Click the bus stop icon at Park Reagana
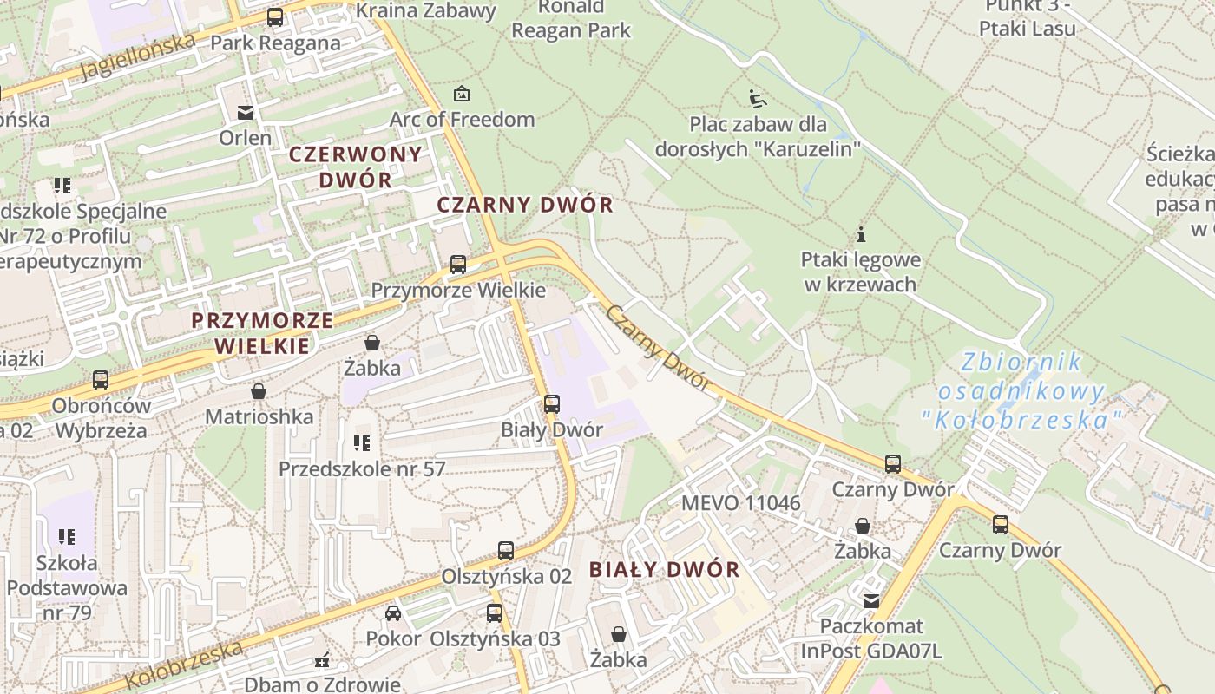pos(275,16)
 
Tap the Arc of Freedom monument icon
pos(462,94)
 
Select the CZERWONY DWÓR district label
pos(356,167)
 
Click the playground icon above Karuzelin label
pos(758,98)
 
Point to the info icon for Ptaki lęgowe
pos(861,234)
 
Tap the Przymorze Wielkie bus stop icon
pos(458,265)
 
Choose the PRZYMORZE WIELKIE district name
pos(262,333)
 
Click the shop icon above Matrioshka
pos(259,392)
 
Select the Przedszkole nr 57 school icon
pos(362,444)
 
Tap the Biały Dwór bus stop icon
pos(552,404)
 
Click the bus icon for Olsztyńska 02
pos(506,551)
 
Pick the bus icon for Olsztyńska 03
pos(495,613)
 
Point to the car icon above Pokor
pos(393,613)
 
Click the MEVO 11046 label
pos(740,503)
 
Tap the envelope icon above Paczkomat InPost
pos(870,600)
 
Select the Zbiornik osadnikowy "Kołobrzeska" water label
pos(1022,391)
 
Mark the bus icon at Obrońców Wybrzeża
pos(101,380)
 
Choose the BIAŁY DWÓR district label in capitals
pos(665,570)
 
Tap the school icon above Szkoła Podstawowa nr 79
pos(67,538)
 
